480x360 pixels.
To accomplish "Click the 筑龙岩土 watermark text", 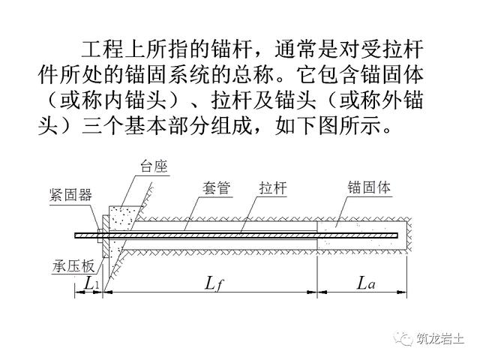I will tap(441, 339).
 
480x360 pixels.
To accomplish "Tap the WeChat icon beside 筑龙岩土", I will tap(406, 339).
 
